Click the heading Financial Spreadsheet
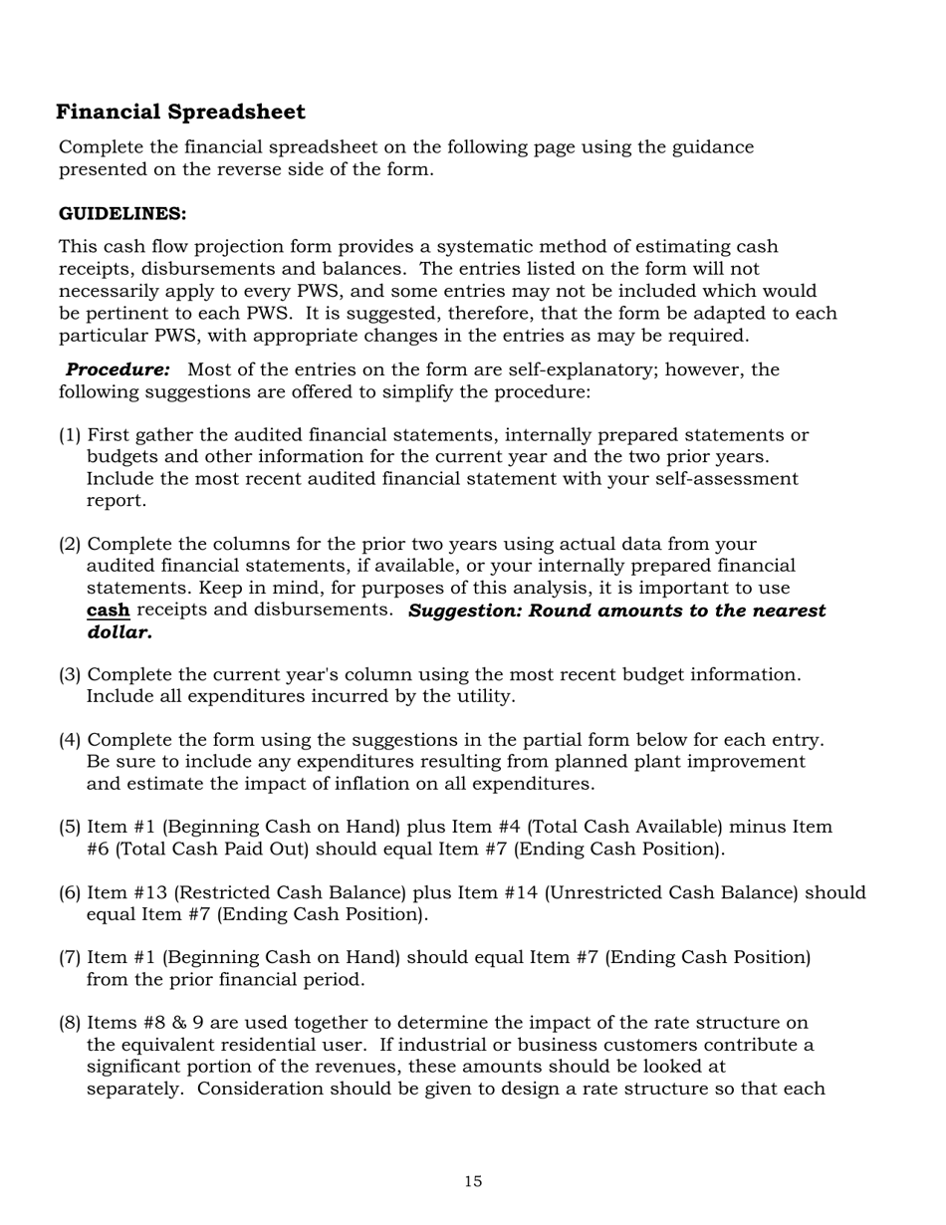[x=180, y=112]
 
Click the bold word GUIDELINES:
[x=122, y=214]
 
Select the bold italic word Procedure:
[x=118, y=369]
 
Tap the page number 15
[x=473, y=1181]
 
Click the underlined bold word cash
[x=109, y=610]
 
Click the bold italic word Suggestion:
[x=465, y=610]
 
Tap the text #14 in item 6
[x=543, y=893]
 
